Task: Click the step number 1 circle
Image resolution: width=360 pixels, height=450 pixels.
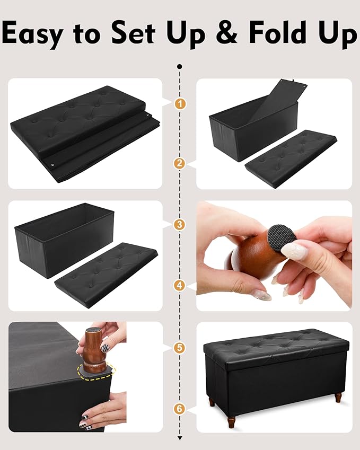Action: (x=180, y=104)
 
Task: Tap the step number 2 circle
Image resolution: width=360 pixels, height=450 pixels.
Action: (x=180, y=164)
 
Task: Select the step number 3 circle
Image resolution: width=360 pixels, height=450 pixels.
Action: (x=180, y=224)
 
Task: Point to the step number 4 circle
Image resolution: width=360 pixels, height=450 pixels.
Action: (x=180, y=286)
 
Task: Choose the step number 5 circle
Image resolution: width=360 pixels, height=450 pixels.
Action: (x=180, y=348)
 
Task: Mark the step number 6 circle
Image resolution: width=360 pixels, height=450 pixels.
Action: (x=180, y=409)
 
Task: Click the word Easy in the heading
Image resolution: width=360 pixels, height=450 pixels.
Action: (x=38, y=33)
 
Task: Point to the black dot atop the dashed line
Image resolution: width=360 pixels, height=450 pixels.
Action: (x=180, y=67)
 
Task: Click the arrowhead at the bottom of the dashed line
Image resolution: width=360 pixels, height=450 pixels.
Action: (x=180, y=438)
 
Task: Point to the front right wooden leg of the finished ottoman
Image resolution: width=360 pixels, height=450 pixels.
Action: (x=338, y=396)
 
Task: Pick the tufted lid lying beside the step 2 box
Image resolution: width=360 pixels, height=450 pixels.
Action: (x=291, y=157)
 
